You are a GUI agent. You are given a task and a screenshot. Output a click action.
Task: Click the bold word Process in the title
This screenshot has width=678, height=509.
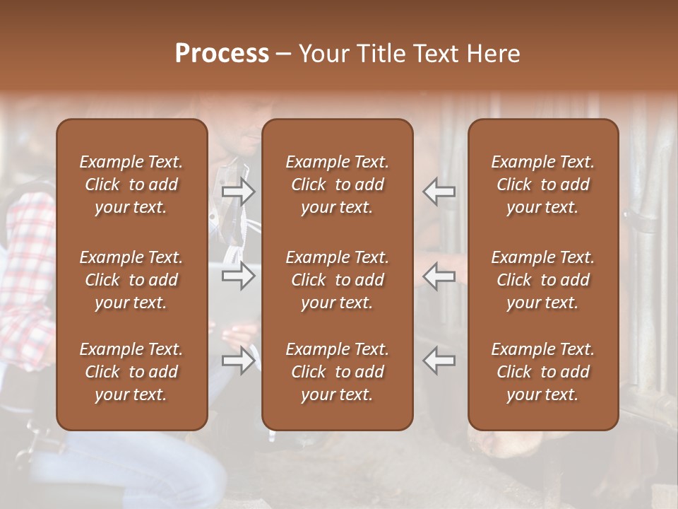(x=222, y=54)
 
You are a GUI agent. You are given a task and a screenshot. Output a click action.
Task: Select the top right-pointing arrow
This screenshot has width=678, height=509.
(x=239, y=191)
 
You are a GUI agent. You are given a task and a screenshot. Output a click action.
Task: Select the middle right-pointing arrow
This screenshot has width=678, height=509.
(x=239, y=276)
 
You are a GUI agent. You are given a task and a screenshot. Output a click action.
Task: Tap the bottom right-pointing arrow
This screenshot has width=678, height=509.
(x=239, y=361)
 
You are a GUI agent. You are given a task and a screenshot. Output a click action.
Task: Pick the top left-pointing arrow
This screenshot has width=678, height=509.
(x=439, y=191)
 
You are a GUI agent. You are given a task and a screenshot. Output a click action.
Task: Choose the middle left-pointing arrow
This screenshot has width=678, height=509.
(x=439, y=276)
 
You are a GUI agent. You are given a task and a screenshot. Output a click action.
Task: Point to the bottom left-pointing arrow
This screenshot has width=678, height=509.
(x=439, y=361)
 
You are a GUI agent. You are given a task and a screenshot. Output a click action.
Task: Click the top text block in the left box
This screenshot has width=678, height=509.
(x=131, y=185)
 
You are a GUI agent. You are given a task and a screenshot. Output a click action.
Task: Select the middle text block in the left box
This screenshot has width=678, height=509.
(x=131, y=280)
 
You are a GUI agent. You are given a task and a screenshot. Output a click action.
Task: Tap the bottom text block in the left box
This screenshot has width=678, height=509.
(x=131, y=372)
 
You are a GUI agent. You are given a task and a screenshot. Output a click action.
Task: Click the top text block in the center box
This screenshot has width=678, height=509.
(x=338, y=185)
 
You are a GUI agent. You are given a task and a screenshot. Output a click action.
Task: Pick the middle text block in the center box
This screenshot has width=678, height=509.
(x=338, y=280)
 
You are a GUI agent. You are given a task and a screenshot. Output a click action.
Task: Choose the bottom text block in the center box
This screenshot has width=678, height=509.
(x=338, y=372)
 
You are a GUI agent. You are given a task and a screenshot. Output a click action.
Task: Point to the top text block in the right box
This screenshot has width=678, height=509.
(x=543, y=185)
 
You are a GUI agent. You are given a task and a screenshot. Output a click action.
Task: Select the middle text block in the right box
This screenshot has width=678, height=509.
(x=543, y=280)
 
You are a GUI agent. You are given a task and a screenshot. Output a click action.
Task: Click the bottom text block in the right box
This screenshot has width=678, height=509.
(x=543, y=372)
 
